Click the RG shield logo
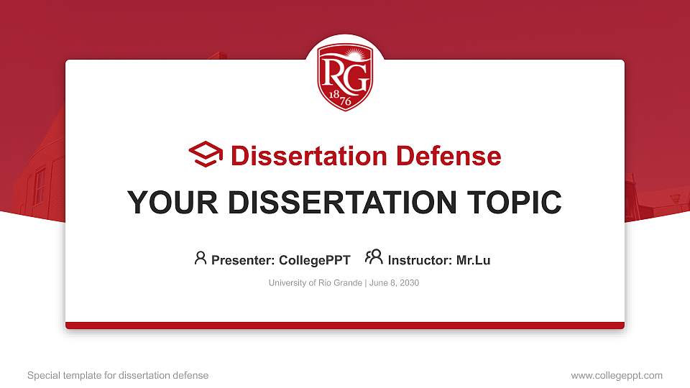[x=345, y=75]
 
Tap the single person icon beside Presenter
[x=201, y=257]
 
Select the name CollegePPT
[x=314, y=260]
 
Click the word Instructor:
[x=420, y=260]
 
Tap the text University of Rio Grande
[x=316, y=283]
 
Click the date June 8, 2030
[x=394, y=283]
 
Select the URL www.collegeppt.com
[x=616, y=375]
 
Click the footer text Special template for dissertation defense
[x=118, y=375]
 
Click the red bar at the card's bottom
[x=345, y=325]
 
